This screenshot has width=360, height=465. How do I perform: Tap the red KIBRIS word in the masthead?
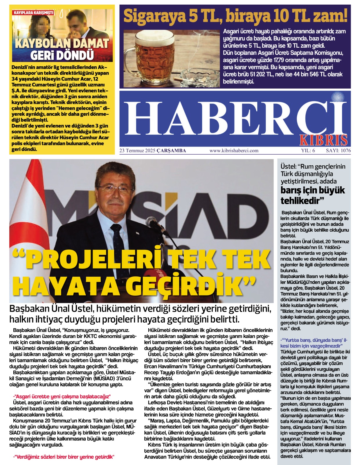[323, 140]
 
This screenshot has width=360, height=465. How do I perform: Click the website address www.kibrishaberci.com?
[234, 151]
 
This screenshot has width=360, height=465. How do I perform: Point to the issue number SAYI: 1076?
[338, 151]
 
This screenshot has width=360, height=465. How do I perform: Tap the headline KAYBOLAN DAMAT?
[62, 44]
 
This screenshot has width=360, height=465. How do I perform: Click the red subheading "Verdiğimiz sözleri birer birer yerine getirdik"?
[64, 457]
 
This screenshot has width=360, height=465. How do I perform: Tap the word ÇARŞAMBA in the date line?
[171, 151]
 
